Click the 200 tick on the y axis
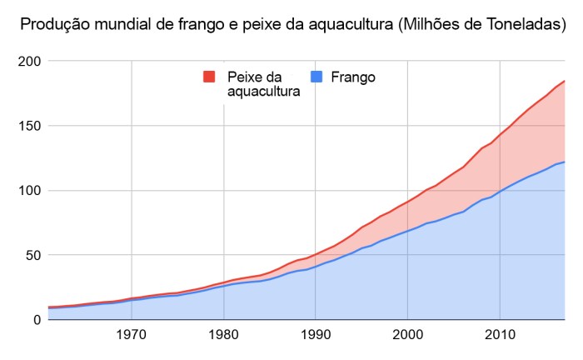[x=28, y=62]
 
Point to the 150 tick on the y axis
[x=28, y=126]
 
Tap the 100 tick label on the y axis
[x=28, y=191]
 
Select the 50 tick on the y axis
[x=32, y=255]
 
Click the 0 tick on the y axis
[x=36, y=320]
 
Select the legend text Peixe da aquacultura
[x=263, y=84]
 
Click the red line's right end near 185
[x=564, y=81]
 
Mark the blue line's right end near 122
[x=564, y=162]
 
